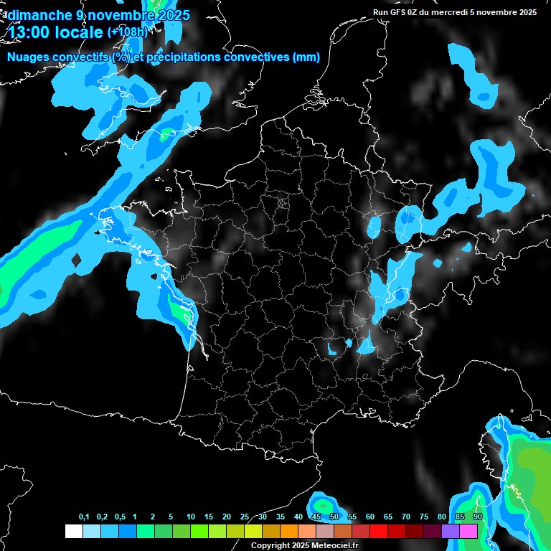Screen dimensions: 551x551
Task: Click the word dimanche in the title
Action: (37, 15)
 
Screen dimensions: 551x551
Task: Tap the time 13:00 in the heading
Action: (28, 31)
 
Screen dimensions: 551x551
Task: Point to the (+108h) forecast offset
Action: (127, 32)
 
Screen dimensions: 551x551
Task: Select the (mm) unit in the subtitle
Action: (306, 57)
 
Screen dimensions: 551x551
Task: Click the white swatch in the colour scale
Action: (73, 531)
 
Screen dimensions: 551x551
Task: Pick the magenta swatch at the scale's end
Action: (468, 531)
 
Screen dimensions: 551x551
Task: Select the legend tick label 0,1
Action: (84, 517)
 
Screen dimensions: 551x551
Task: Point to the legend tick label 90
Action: (477, 517)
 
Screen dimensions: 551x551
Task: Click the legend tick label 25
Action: (244, 517)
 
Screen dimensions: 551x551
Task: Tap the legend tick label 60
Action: (369, 517)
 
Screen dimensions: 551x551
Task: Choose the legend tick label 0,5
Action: (120, 517)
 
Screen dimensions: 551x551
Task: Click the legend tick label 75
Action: (423, 517)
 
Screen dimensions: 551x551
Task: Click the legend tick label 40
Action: (298, 517)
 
